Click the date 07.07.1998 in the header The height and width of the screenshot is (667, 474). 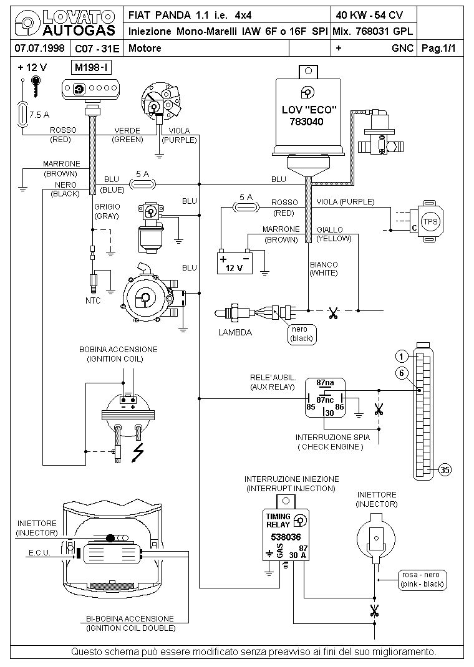point(39,48)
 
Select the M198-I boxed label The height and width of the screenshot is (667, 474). point(92,67)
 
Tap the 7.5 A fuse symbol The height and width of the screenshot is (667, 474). point(22,115)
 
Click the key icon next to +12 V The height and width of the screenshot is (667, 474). point(36,87)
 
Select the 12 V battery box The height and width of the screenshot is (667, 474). point(235,263)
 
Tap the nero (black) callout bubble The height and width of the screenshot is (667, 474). point(302,334)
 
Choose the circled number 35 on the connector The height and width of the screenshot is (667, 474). point(445,469)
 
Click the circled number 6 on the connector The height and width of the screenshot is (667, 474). point(401,373)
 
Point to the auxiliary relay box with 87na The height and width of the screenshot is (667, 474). point(325,398)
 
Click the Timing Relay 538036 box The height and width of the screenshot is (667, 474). point(286,535)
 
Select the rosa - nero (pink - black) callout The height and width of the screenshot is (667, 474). point(422,579)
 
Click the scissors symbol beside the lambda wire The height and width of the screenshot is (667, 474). point(333,314)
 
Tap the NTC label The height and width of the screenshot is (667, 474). point(93,300)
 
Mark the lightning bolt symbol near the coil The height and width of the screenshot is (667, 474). point(138,453)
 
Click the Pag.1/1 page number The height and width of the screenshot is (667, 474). point(438,48)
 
